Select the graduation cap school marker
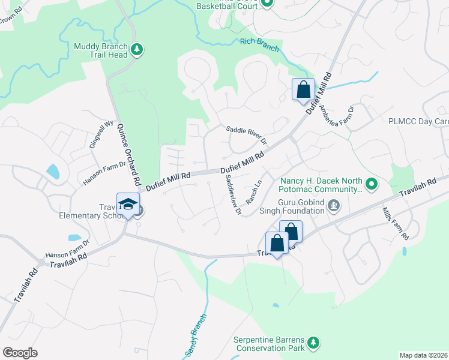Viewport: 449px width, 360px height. (x=128, y=204)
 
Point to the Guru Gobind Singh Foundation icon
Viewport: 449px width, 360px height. (x=334, y=207)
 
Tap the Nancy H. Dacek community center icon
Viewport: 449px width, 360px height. (x=372, y=184)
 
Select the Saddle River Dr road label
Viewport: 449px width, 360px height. (x=246, y=133)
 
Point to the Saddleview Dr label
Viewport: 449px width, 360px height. (x=233, y=198)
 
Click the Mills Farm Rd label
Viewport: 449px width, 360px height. (x=396, y=221)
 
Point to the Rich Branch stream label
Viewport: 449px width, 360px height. (x=259, y=43)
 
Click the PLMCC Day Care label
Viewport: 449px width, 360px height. (x=418, y=121)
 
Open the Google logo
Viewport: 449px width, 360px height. (x=20, y=353)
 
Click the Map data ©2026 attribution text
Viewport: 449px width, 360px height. (x=423, y=355)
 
